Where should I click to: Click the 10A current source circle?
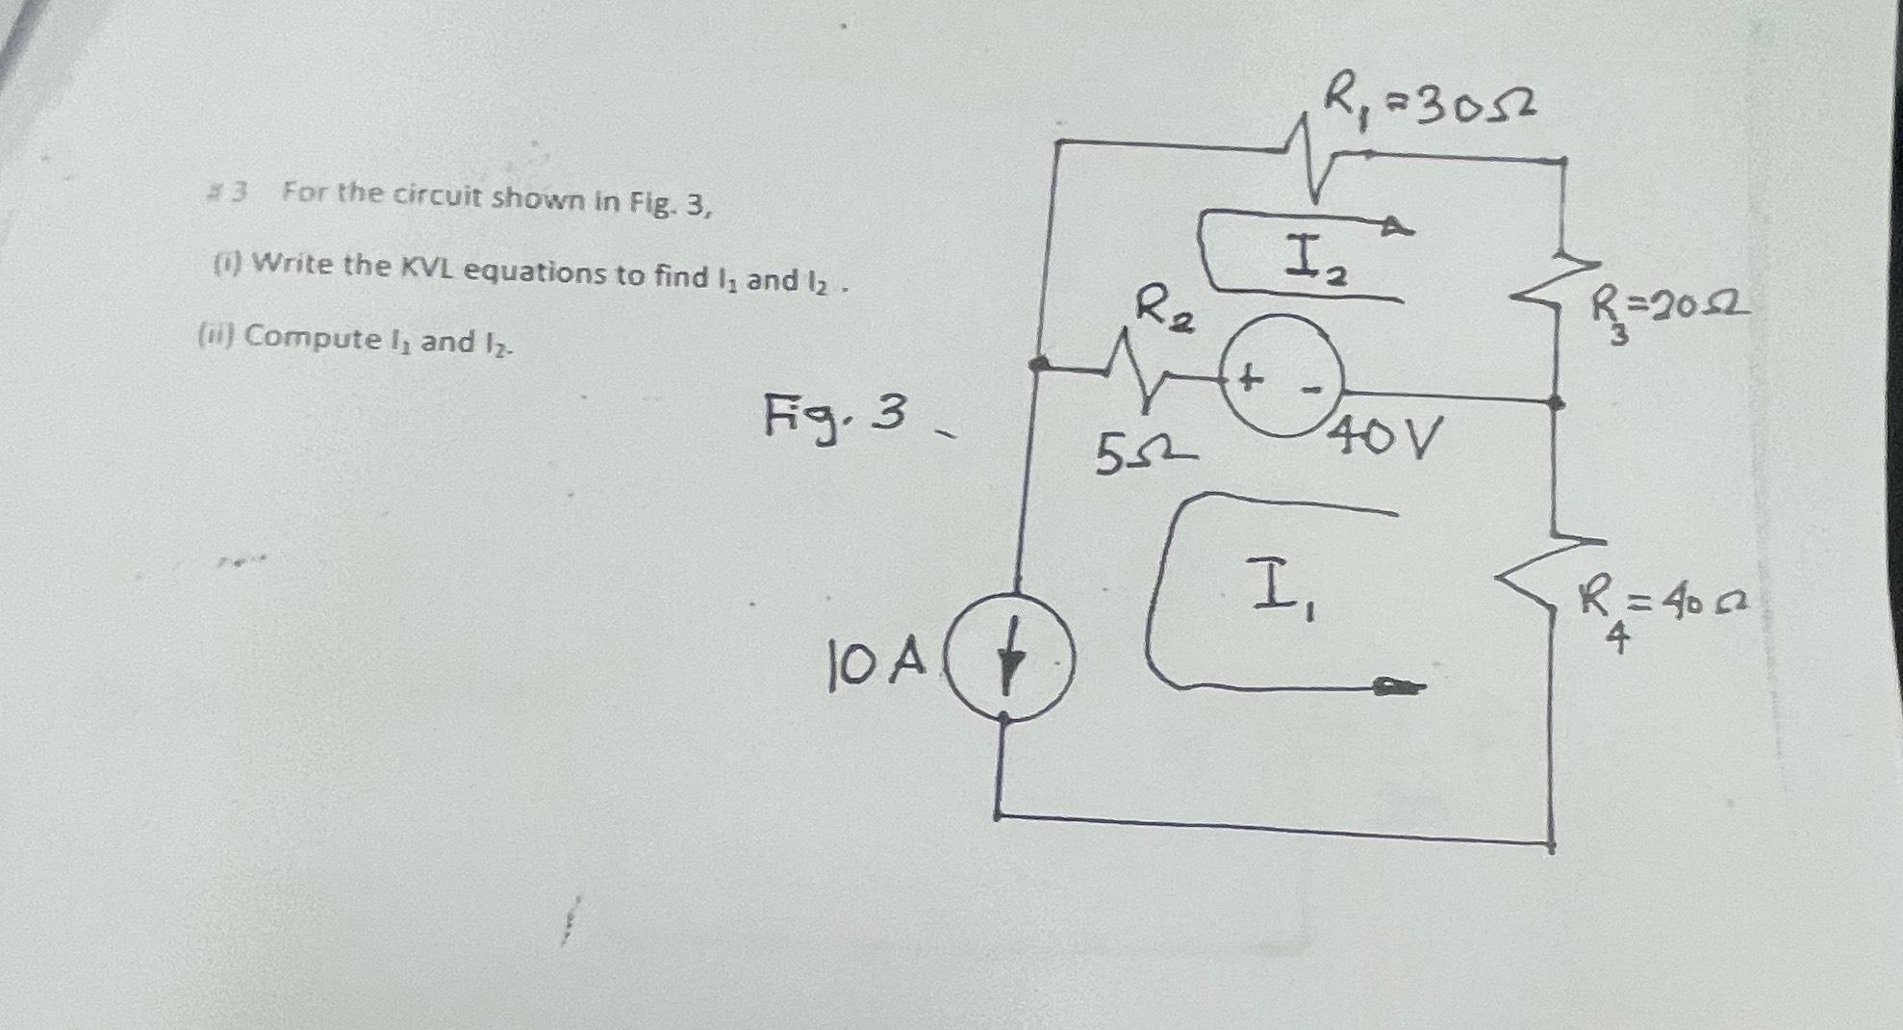(x=1008, y=660)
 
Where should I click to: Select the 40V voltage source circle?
(x=1281, y=376)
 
